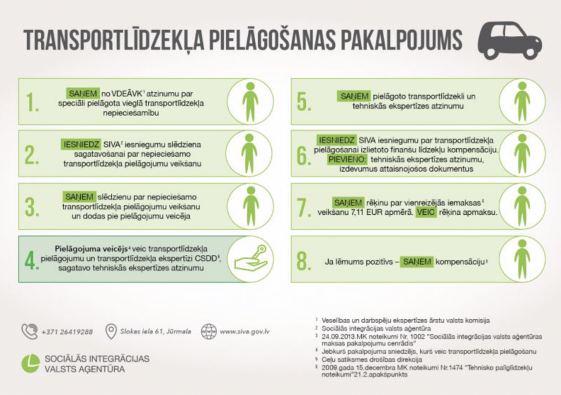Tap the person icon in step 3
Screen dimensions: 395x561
point(250,206)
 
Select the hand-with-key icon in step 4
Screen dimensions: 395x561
point(250,258)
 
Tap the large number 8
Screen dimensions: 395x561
point(303,261)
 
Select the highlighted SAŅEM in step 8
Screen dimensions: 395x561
point(417,262)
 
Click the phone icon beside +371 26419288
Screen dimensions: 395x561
point(29,331)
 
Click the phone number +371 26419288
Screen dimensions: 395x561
point(67,331)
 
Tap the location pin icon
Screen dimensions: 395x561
point(111,331)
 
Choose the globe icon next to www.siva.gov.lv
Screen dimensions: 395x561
point(209,331)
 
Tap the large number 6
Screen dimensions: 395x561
point(303,154)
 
